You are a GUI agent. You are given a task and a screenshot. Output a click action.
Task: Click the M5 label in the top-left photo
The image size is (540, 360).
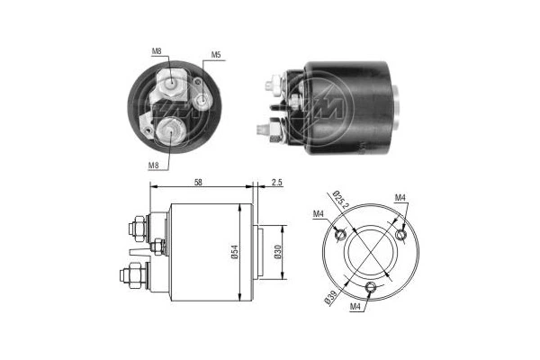(216, 56)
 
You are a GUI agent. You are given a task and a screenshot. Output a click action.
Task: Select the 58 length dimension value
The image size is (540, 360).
(197, 184)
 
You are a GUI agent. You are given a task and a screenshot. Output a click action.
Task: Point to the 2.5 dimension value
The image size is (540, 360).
(276, 184)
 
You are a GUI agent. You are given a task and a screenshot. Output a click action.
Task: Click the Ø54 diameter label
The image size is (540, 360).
(233, 253)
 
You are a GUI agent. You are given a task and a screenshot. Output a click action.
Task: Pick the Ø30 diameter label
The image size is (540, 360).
(276, 253)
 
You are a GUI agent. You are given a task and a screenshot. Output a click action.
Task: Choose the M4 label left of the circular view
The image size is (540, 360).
(318, 213)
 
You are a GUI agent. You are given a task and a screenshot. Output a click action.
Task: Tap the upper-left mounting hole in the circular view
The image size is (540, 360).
(338, 235)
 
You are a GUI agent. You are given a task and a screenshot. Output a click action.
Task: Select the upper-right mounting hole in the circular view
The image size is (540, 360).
(401, 237)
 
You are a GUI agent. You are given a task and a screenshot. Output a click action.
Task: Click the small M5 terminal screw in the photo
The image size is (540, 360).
(205, 98)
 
